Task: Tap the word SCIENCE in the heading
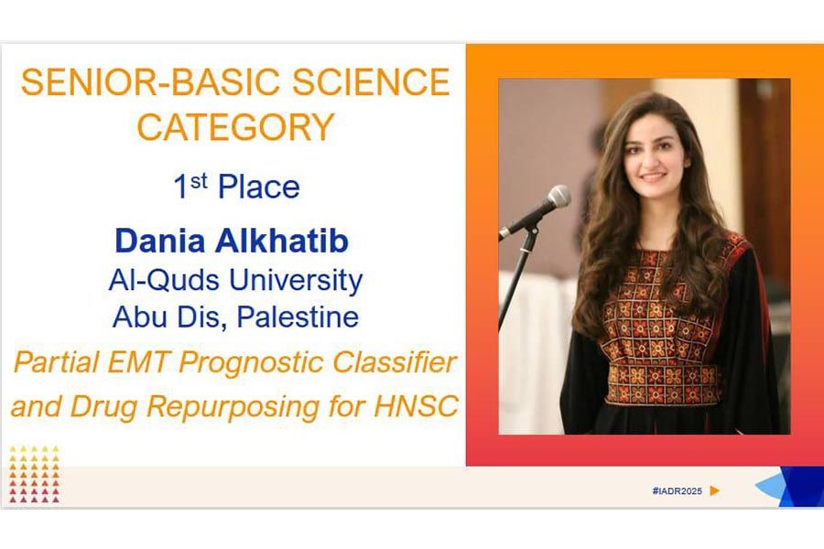tap(371, 81)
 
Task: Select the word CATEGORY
tap(235, 127)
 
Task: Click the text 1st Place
tap(236, 187)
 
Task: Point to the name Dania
tap(160, 241)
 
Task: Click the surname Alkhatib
tap(282, 241)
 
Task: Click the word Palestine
tap(298, 317)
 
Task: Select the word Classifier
tap(395, 362)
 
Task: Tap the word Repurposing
tap(233, 407)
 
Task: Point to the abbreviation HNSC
tap(417, 406)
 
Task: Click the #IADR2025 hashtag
tap(677, 490)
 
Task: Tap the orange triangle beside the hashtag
tap(714, 490)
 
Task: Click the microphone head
tap(558, 197)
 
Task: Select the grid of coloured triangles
tap(34, 474)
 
